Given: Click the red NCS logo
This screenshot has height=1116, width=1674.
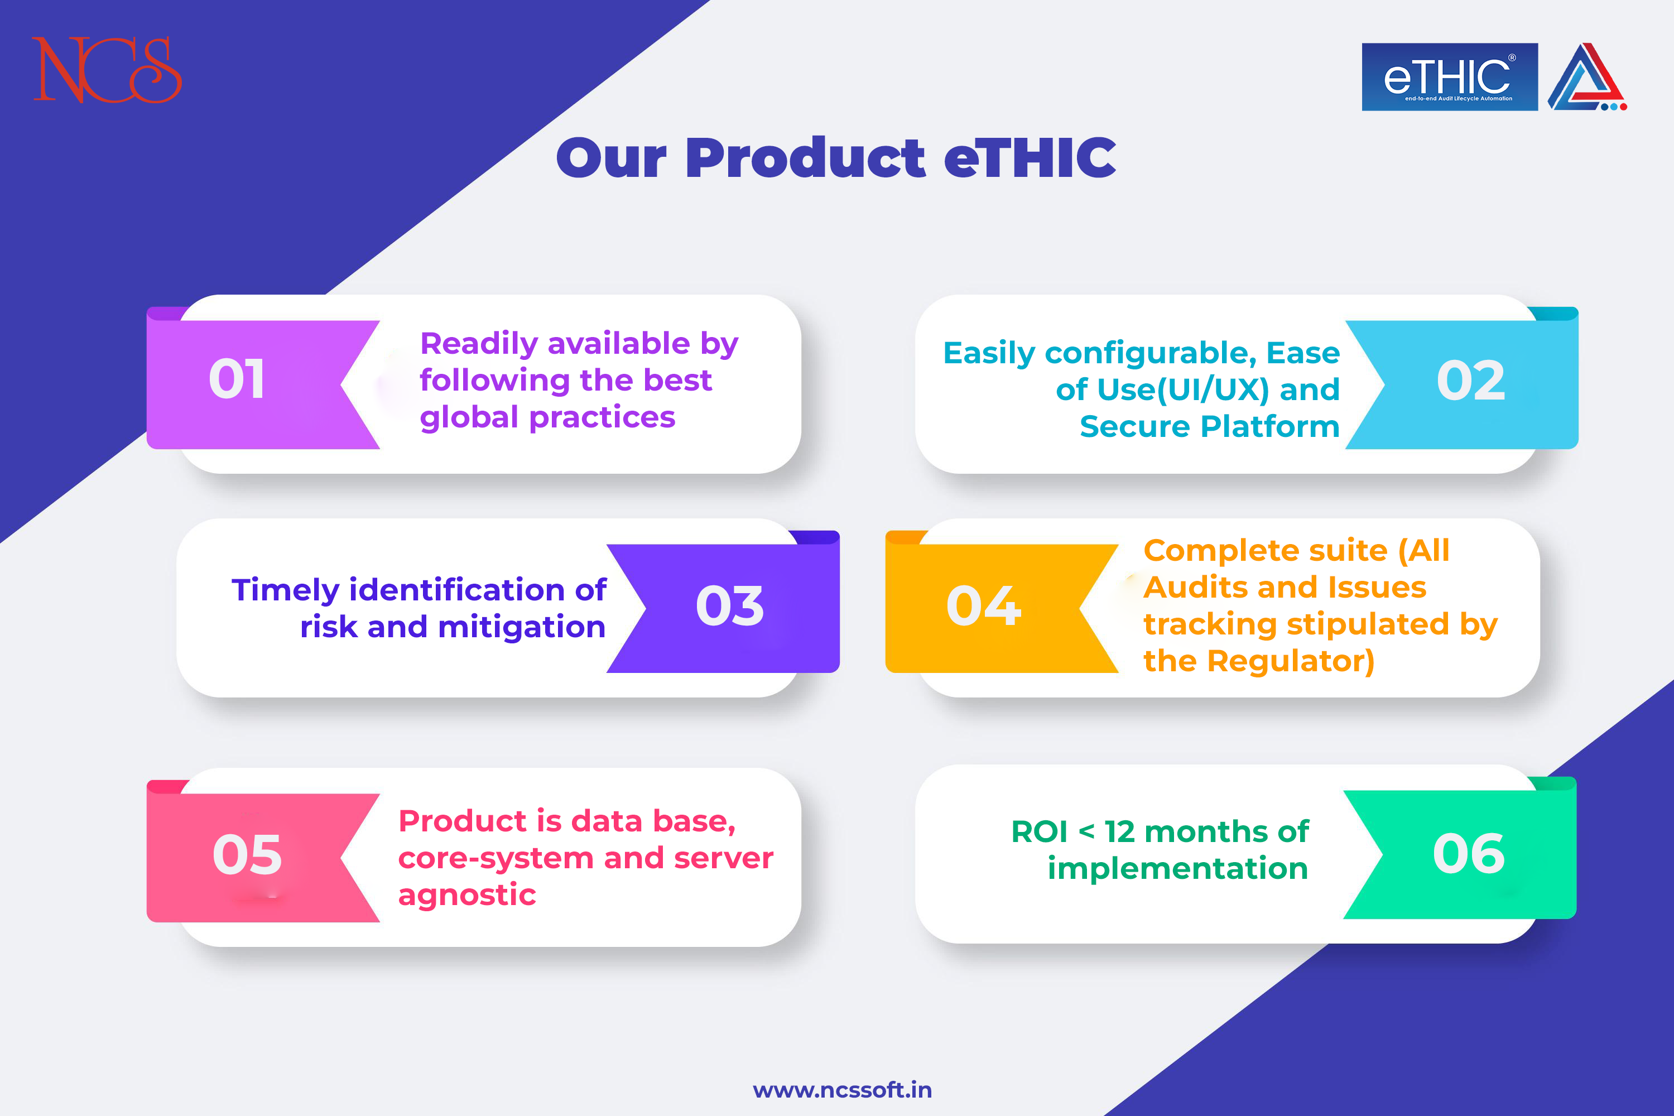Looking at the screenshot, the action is click(x=107, y=70).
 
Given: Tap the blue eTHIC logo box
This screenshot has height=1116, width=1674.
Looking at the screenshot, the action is click(x=1450, y=77).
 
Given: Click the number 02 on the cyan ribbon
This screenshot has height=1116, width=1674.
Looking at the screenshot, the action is click(x=1470, y=380).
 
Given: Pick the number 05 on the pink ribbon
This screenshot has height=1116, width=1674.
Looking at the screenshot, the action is click(x=247, y=854).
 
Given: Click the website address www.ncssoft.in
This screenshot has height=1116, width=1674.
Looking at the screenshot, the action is click(x=842, y=1090).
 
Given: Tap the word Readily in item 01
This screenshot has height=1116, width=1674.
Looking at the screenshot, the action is click(x=479, y=344).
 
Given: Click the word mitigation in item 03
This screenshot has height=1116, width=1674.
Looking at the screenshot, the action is click(x=522, y=628).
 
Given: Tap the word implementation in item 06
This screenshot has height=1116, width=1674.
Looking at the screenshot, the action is click(x=1178, y=869).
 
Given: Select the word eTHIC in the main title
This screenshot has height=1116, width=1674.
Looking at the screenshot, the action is click(x=1030, y=157).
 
